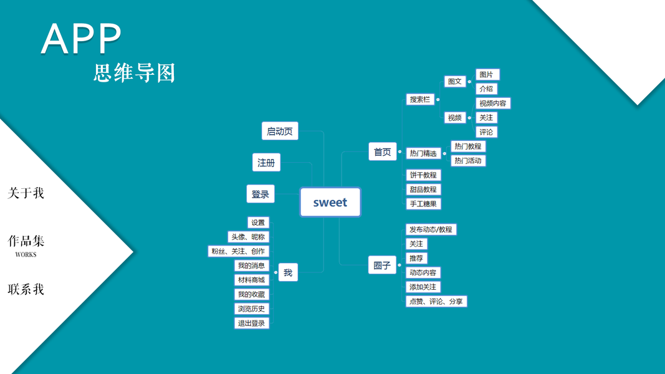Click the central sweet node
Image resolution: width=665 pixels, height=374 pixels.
pyautogui.click(x=330, y=202)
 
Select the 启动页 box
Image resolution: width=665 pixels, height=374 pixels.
pyautogui.click(x=280, y=131)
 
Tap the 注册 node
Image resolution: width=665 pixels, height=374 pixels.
pyautogui.click(x=266, y=163)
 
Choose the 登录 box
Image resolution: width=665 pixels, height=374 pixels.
pyautogui.click(x=261, y=194)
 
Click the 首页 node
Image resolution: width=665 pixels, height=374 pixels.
pyautogui.click(x=382, y=151)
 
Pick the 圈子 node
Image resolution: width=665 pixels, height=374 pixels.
pyautogui.click(x=382, y=266)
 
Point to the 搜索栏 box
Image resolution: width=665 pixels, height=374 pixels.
pyautogui.click(x=420, y=99)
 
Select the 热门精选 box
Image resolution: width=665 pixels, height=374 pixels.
pyautogui.click(x=423, y=153)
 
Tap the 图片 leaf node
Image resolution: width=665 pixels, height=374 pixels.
pyautogui.click(x=487, y=75)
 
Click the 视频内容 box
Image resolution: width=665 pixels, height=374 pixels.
pyautogui.click(x=492, y=103)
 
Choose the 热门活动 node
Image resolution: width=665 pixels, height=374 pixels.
pyautogui.click(x=467, y=161)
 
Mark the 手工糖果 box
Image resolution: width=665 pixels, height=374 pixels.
pyautogui.click(x=423, y=203)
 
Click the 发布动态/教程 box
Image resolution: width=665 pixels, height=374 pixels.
pyautogui.click(x=431, y=229)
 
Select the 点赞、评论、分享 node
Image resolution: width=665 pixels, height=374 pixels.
pyautogui.click(x=436, y=301)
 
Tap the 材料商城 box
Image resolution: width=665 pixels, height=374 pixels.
pyautogui.click(x=251, y=280)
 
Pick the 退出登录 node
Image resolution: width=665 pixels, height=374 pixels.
pyautogui.click(x=251, y=323)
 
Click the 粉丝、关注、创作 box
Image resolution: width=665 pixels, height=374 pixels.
pyautogui.click(x=238, y=251)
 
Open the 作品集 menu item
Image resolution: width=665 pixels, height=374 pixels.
pyautogui.click(x=26, y=242)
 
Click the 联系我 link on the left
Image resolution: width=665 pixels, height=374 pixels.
pyautogui.click(x=26, y=289)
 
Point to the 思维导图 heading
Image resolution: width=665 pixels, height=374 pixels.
pyautogui.click(x=135, y=73)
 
